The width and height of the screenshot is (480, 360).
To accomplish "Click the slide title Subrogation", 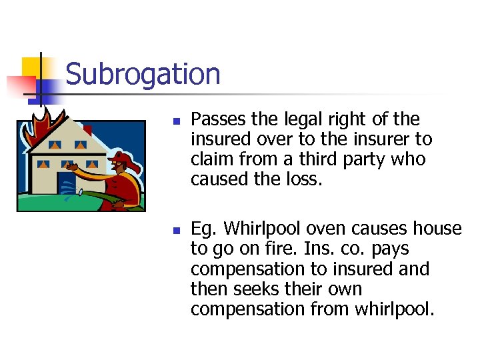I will click(x=143, y=75).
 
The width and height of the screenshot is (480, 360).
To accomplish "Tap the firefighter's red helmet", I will click(x=121, y=159).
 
